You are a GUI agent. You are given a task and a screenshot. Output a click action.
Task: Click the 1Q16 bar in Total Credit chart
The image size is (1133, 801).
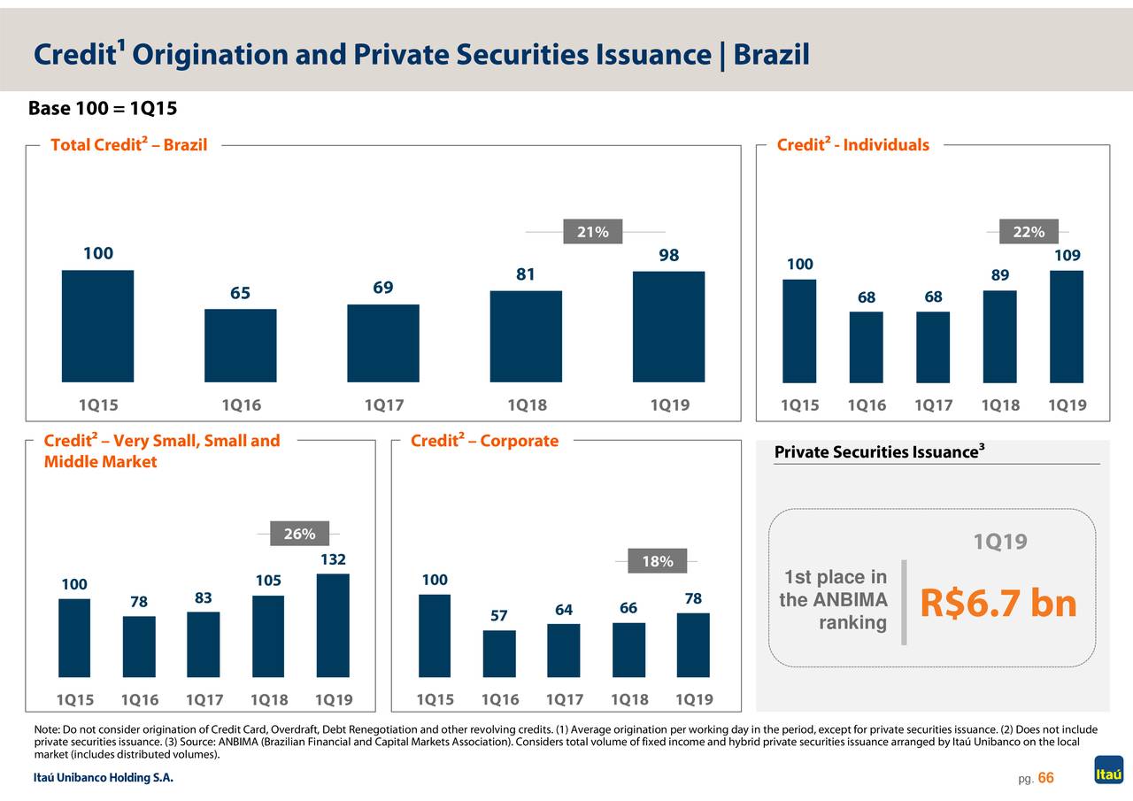(240, 345)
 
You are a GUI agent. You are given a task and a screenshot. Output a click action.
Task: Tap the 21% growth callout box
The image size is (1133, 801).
(592, 232)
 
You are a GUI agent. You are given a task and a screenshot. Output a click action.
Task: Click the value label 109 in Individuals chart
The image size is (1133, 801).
(1067, 256)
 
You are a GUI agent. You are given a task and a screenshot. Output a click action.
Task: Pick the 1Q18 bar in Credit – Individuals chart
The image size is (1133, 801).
(999, 336)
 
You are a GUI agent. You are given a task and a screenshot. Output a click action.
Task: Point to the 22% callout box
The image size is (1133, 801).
(1029, 232)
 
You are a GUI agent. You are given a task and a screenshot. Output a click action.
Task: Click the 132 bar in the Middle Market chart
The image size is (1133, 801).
(333, 625)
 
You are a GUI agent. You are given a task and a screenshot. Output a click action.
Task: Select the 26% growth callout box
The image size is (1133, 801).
(299, 534)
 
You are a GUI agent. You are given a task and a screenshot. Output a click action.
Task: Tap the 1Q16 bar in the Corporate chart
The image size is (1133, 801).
(499, 653)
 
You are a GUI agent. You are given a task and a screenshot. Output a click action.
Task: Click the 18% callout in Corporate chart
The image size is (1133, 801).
(657, 561)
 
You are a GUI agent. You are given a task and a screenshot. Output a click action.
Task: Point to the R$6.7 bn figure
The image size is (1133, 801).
(998, 605)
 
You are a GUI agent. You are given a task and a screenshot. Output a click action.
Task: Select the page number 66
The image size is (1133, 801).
(1045, 778)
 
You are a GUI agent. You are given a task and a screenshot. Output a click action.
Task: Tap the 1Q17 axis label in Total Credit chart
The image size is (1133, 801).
(383, 406)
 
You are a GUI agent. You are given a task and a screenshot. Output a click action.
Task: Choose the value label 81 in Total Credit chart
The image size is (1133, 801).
(526, 274)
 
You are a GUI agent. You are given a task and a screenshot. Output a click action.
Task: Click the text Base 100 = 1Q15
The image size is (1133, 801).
(103, 110)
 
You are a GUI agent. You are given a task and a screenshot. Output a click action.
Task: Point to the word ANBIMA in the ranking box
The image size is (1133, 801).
(844, 600)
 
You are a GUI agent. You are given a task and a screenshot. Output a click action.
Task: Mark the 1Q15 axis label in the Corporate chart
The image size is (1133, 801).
(435, 700)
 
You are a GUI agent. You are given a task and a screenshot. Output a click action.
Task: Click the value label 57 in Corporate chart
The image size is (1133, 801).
(499, 616)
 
